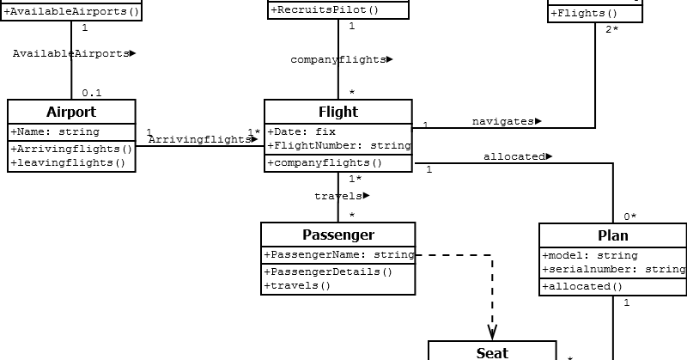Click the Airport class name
tap(71, 112)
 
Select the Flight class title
tap(337, 112)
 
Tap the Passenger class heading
tap(337, 235)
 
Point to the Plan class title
tap(612, 235)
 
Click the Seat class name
tap(492, 352)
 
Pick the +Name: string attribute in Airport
tap(55, 132)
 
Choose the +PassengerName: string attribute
tap(338, 255)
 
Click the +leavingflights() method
tap(68, 162)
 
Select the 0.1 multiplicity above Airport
tap(92, 93)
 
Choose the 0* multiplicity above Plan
tap(630, 217)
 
